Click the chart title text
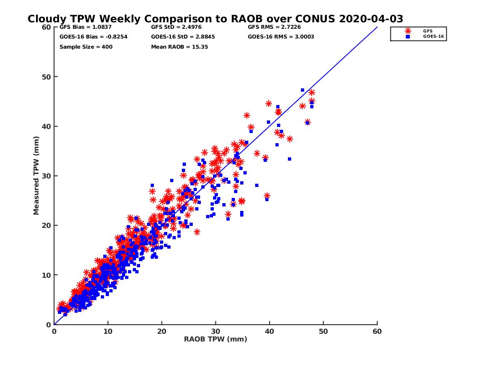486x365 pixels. pyautogui.click(x=215, y=19)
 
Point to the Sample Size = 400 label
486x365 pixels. pyautogui.click(x=86, y=47)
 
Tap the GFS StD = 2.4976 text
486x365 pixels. pyautogui.click(x=176, y=27)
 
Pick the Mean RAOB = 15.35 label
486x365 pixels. pyautogui.click(x=179, y=47)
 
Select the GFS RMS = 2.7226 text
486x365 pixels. pyautogui.click(x=274, y=27)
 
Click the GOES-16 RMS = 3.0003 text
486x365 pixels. pyautogui.click(x=281, y=37)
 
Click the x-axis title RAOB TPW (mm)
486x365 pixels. pyautogui.click(x=215, y=339)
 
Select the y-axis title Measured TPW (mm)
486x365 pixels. pyautogui.click(x=36, y=175)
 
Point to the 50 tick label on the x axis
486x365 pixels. pyautogui.click(x=323, y=331)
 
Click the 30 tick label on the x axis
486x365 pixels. pyautogui.click(x=215, y=331)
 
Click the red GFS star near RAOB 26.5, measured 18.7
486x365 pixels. pyautogui.click(x=197, y=232)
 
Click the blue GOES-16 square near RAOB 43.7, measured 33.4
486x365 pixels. pyautogui.click(x=290, y=159)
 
